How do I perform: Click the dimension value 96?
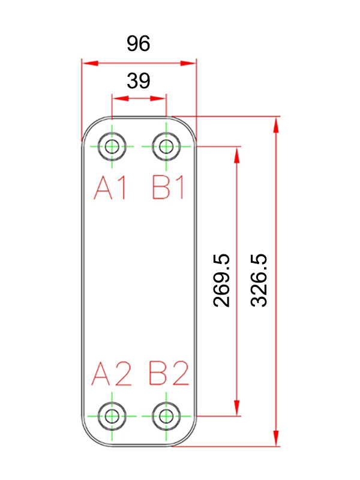click(139, 43)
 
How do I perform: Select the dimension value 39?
click(139, 81)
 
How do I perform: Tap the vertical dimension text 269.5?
click(221, 280)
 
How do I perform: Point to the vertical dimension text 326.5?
click(259, 280)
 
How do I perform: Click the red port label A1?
click(110, 188)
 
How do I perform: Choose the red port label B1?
click(168, 188)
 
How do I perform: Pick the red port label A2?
click(112, 373)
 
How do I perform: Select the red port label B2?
click(169, 373)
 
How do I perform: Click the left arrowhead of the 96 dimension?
click(91, 64)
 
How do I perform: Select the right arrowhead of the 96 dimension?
click(188, 64)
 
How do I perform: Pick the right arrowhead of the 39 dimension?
click(158, 98)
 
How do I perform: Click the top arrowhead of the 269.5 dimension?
click(236, 155)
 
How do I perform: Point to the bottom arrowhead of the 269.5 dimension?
click(236, 407)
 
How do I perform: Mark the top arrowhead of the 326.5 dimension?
click(276, 125)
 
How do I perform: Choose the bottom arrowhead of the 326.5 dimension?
click(276, 438)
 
